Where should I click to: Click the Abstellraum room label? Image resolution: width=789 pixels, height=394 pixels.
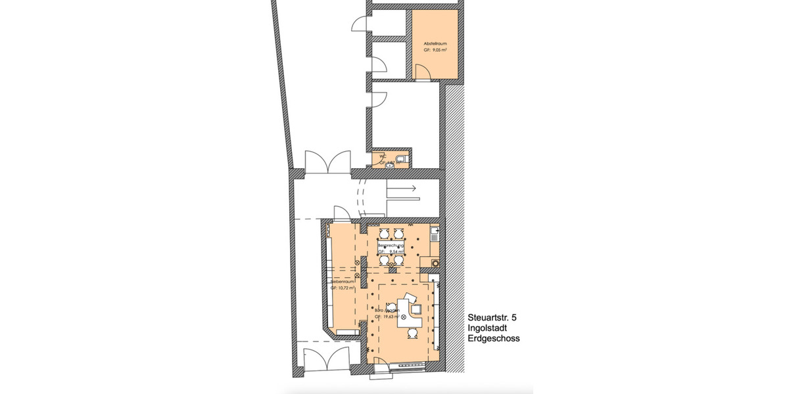pos(435,43)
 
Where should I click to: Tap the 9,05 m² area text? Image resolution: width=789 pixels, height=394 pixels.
pos(435,50)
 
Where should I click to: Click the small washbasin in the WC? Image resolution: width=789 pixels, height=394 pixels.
pos(391,165)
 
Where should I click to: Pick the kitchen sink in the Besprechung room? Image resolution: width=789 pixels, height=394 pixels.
pos(433,233)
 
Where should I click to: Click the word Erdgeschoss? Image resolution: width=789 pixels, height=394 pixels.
pos(494,338)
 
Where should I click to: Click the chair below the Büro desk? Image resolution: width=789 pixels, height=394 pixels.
pos(412,333)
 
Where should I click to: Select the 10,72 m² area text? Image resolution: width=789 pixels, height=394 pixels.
pos(343,288)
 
